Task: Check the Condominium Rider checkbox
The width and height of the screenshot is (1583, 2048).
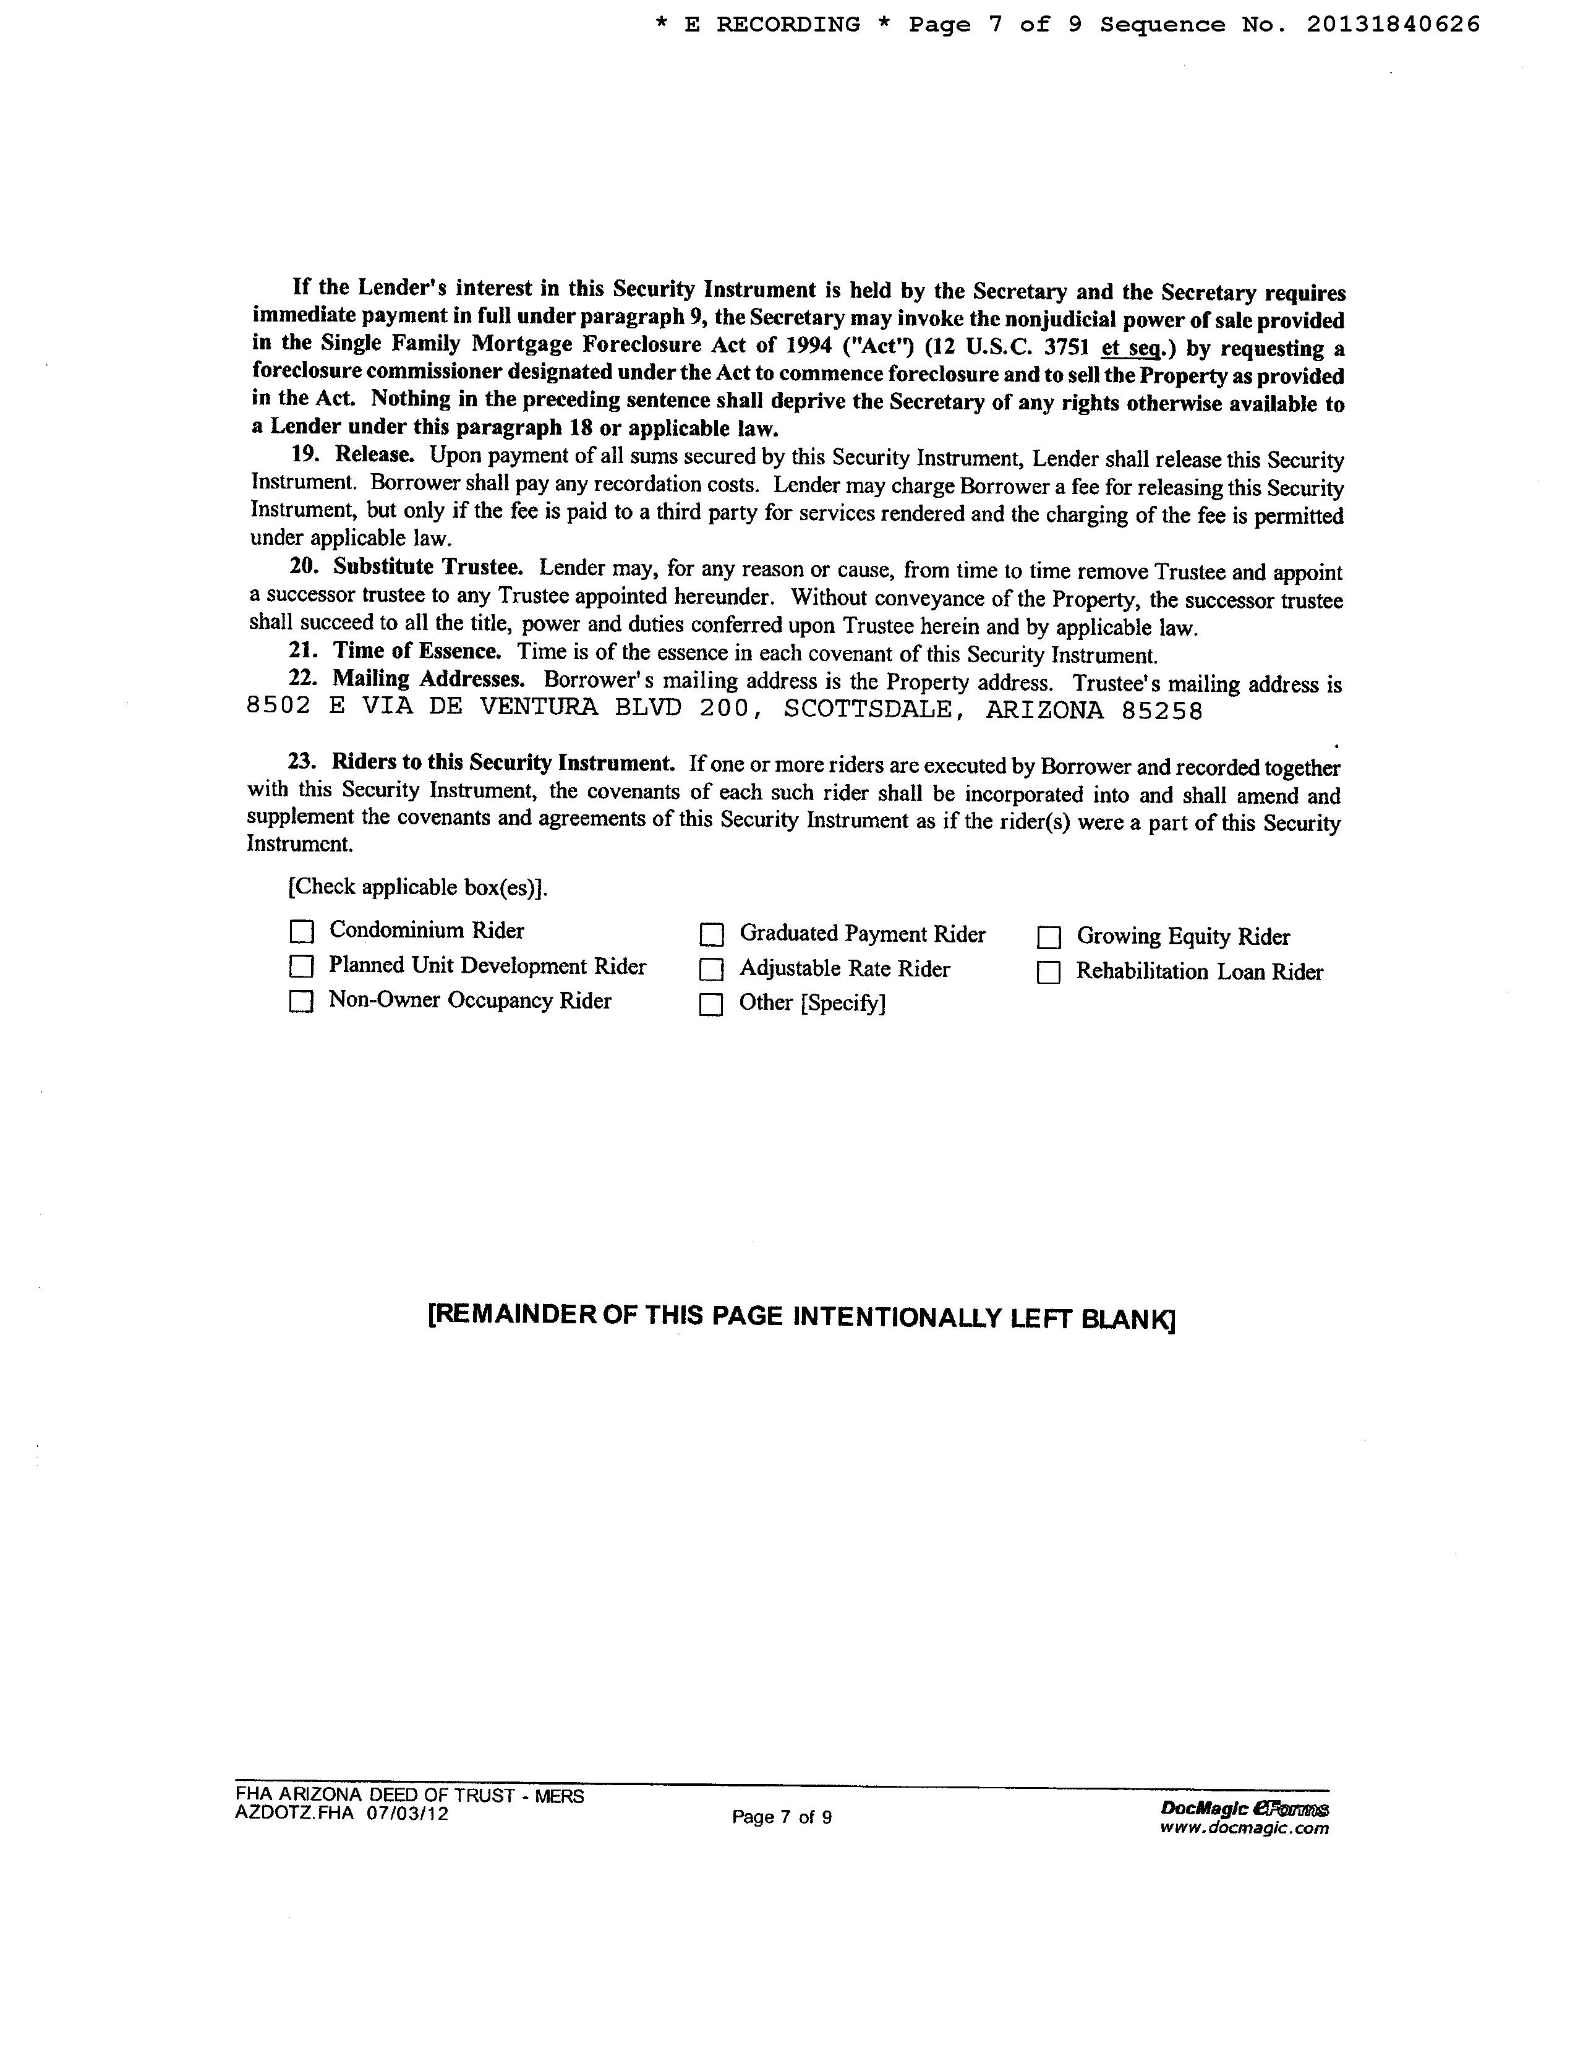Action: (301, 931)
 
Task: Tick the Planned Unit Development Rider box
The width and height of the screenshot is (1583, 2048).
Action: (301, 966)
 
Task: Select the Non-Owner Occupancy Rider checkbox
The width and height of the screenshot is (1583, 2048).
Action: (301, 1002)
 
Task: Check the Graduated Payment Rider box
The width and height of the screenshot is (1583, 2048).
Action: (712, 935)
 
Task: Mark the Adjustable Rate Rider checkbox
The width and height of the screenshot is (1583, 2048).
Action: (712, 969)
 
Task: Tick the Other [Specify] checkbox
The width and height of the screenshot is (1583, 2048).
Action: (712, 1004)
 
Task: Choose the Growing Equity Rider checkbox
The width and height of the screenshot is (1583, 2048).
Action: (1049, 937)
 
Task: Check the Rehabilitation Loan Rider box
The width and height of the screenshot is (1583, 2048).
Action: (1049, 973)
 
